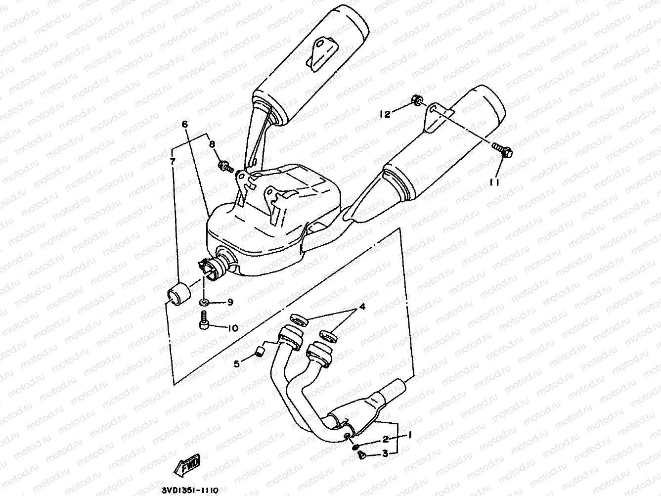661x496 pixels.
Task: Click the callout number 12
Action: coord(385,115)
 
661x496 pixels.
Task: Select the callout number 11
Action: coord(495,182)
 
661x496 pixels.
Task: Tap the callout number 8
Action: coord(212,144)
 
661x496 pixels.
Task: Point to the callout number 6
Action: coord(184,125)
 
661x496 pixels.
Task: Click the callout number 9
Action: coord(230,303)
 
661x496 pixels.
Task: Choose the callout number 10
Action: coord(232,327)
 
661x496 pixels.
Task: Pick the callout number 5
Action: coord(236,364)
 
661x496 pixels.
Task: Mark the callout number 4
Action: coord(362,308)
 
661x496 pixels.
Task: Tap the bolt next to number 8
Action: coord(225,167)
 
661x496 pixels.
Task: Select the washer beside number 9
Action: coord(204,302)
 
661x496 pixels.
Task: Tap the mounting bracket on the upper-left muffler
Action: coord(318,53)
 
